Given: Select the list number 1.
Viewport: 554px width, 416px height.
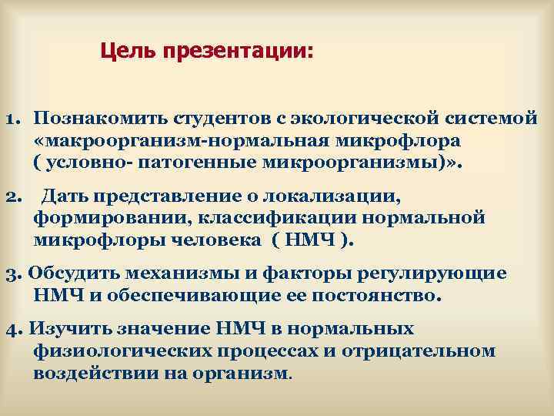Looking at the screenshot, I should point(12,121).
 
